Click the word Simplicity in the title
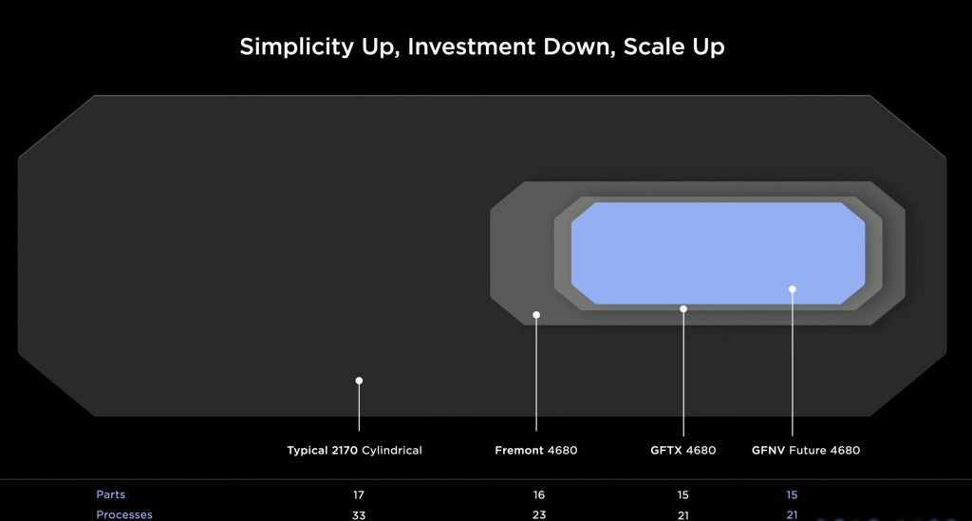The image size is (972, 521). pyautogui.click(x=296, y=47)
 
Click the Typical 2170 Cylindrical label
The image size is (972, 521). pyautogui.click(x=354, y=451)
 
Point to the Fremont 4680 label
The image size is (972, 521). pyautogui.click(x=536, y=451)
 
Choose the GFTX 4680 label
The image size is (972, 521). pyautogui.click(x=683, y=451)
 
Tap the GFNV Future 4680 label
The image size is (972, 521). pyautogui.click(x=806, y=451)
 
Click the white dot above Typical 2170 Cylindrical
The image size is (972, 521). pyautogui.click(x=359, y=381)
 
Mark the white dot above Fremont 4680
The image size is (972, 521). pyautogui.click(x=536, y=315)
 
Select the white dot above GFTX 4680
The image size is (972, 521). pyautogui.click(x=683, y=308)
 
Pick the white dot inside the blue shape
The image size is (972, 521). pyautogui.click(x=793, y=288)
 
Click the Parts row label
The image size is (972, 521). pyautogui.click(x=110, y=494)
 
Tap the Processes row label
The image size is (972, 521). pyautogui.click(x=124, y=514)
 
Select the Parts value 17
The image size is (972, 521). pyautogui.click(x=358, y=495)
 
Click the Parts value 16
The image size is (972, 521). pyautogui.click(x=539, y=495)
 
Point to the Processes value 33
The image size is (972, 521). pyautogui.click(x=358, y=514)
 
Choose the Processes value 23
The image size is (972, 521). pyautogui.click(x=539, y=514)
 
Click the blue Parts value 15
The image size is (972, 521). pyautogui.click(x=792, y=495)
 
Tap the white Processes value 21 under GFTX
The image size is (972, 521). pyautogui.click(x=682, y=514)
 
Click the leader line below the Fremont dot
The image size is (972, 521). pyautogui.click(x=536, y=374)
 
